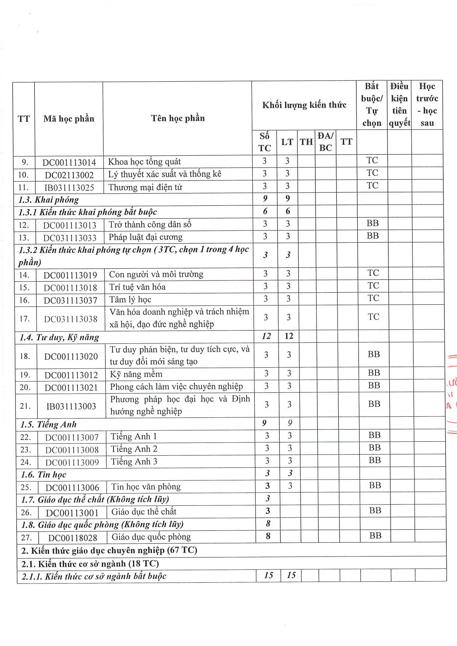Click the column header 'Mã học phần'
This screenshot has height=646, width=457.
69,119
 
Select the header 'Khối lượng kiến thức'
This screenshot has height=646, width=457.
304,105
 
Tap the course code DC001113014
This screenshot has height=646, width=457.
69,162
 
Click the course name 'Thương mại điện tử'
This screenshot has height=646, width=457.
145,187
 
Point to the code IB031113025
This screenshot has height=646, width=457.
69,187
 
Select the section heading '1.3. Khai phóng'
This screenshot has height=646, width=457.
49,200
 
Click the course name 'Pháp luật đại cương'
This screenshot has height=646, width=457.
146,237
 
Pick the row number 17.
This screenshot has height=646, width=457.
25,318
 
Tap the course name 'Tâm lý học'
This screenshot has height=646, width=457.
130,300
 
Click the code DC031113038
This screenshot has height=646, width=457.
71,319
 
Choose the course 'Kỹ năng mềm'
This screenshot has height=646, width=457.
136,374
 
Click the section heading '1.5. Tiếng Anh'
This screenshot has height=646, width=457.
48,424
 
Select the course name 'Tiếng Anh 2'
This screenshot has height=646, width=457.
134,449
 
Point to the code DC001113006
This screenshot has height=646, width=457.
72,488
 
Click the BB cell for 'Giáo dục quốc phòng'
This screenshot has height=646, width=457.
375,536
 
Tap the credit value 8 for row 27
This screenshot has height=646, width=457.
268,536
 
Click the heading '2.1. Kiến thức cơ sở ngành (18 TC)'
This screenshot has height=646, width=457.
90,564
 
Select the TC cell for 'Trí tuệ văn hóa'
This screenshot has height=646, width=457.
373,286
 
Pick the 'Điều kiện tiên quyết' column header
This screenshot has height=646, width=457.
399,105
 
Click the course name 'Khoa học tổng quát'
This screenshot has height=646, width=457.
144,162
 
